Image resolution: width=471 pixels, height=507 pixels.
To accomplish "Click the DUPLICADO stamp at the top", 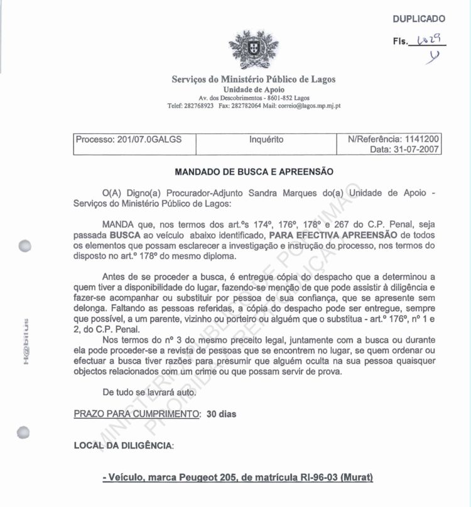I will [x=419, y=19].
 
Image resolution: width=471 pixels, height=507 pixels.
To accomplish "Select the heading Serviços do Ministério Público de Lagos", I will [x=254, y=79].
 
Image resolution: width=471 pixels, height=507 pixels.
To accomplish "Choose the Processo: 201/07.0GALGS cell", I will [x=129, y=139].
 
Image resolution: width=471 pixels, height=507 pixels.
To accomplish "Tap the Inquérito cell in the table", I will [x=266, y=139].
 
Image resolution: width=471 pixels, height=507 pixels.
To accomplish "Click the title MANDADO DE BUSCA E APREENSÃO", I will [x=254, y=171].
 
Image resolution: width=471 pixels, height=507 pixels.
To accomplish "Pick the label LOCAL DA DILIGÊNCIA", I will [x=123, y=445].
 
